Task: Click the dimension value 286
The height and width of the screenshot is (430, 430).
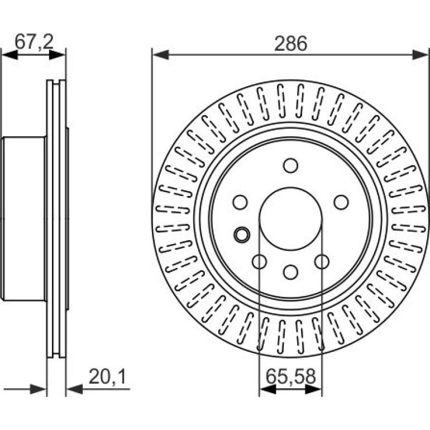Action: pos(291,44)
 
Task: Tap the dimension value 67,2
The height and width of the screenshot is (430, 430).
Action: pos(34,41)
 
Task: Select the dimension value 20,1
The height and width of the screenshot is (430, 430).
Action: pos(107,376)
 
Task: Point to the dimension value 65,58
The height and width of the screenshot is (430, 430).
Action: pos(291,376)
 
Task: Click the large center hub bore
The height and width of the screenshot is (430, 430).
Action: pos(291,218)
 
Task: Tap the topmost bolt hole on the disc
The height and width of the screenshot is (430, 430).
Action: pos(291,165)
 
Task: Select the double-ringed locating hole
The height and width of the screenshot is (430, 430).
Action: pos(242,235)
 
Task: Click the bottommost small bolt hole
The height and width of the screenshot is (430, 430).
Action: pos(291,272)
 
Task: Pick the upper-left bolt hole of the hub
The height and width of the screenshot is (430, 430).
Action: pos(240,202)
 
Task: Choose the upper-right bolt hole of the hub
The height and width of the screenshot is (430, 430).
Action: pos(341,202)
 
